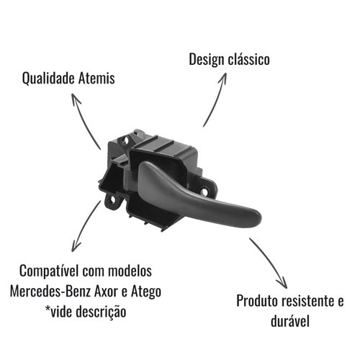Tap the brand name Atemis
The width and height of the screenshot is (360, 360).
coord(96,78)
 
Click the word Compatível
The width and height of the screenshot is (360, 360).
coord(49,271)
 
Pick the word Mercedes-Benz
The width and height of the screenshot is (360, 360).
coord(50,292)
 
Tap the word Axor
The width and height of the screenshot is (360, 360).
coord(106,292)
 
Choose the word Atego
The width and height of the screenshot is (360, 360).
coord(146,292)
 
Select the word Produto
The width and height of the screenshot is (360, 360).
coord(257,300)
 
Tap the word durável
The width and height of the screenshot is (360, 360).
coord(290,320)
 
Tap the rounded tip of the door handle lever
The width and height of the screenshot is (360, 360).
coord(257,218)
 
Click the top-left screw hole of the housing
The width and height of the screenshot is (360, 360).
coord(125,140)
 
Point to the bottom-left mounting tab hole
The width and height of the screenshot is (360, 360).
coord(112,200)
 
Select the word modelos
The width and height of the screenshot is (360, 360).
coord(130,271)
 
